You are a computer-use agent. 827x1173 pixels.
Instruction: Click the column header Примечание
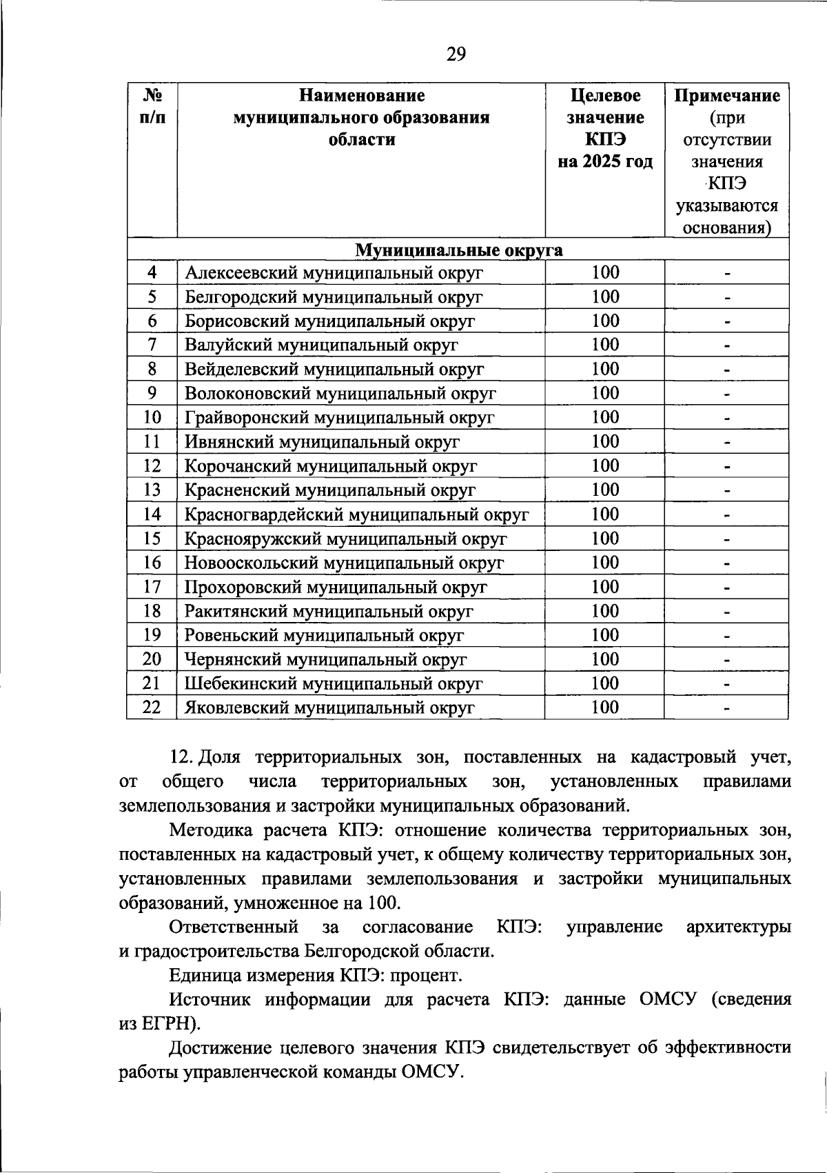[726, 96]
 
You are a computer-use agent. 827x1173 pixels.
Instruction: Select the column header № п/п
[152, 106]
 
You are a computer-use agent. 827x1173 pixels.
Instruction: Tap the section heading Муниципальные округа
[458, 250]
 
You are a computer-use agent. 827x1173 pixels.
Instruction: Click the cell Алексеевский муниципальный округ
[334, 273]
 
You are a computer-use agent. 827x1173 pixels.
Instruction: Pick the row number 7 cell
[152, 345]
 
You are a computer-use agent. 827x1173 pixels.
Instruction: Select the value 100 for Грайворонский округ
[605, 417]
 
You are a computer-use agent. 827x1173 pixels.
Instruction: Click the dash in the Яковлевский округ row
[726, 708]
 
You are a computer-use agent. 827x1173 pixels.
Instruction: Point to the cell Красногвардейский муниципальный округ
[356, 514]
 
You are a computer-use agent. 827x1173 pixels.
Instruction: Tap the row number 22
[152, 708]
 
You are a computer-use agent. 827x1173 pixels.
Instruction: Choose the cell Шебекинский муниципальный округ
[334, 683]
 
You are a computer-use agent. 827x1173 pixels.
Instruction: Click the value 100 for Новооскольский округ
[605, 563]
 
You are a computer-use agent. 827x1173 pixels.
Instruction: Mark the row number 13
[152, 490]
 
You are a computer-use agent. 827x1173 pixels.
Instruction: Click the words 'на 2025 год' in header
[605, 162]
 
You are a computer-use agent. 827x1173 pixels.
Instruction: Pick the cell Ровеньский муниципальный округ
[324, 635]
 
